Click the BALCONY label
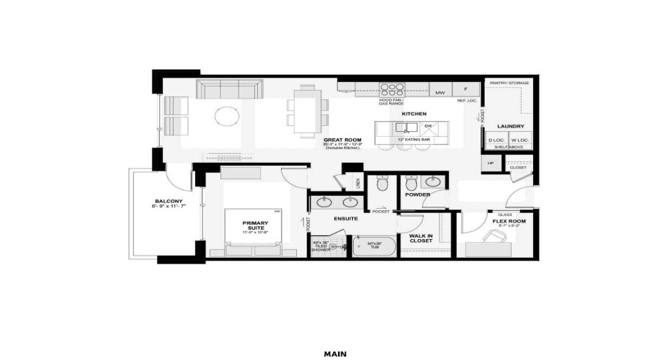(169, 201)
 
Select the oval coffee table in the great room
(228, 116)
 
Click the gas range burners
(392, 90)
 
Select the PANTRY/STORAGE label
(509, 83)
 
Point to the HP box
(491, 163)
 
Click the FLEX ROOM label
(509, 222)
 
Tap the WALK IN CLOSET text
(421, 238)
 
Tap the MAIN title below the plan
(335, 354)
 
